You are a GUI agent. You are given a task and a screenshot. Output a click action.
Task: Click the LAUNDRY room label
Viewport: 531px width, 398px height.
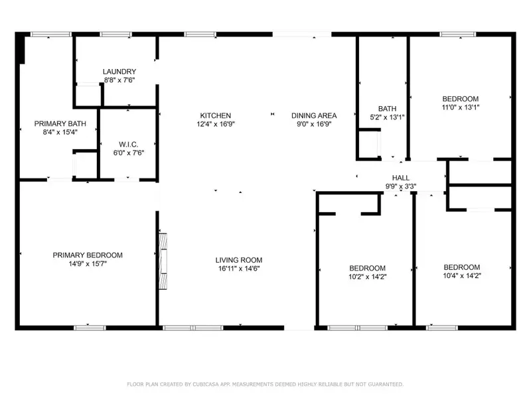[119, 72]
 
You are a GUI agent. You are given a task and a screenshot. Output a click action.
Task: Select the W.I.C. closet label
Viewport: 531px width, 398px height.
[127, 144]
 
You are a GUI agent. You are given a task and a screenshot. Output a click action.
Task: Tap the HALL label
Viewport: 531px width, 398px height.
[400, 178]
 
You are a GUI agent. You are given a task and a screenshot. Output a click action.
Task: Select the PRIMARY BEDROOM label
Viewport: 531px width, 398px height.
[88, 255]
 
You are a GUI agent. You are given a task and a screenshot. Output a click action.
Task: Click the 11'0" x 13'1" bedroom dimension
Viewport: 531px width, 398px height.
[461, 106]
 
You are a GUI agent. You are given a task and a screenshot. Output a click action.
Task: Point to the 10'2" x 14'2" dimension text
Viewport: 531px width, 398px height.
[367, 275]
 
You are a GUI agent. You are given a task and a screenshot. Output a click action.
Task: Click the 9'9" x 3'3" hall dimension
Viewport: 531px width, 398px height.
[400, 186]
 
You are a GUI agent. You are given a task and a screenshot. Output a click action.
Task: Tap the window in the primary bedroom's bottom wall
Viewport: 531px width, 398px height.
[89, 327]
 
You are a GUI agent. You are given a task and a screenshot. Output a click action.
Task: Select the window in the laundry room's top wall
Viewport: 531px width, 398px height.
[115, 34]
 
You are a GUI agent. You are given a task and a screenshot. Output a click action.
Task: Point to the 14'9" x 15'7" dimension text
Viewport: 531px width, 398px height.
[88, 263]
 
